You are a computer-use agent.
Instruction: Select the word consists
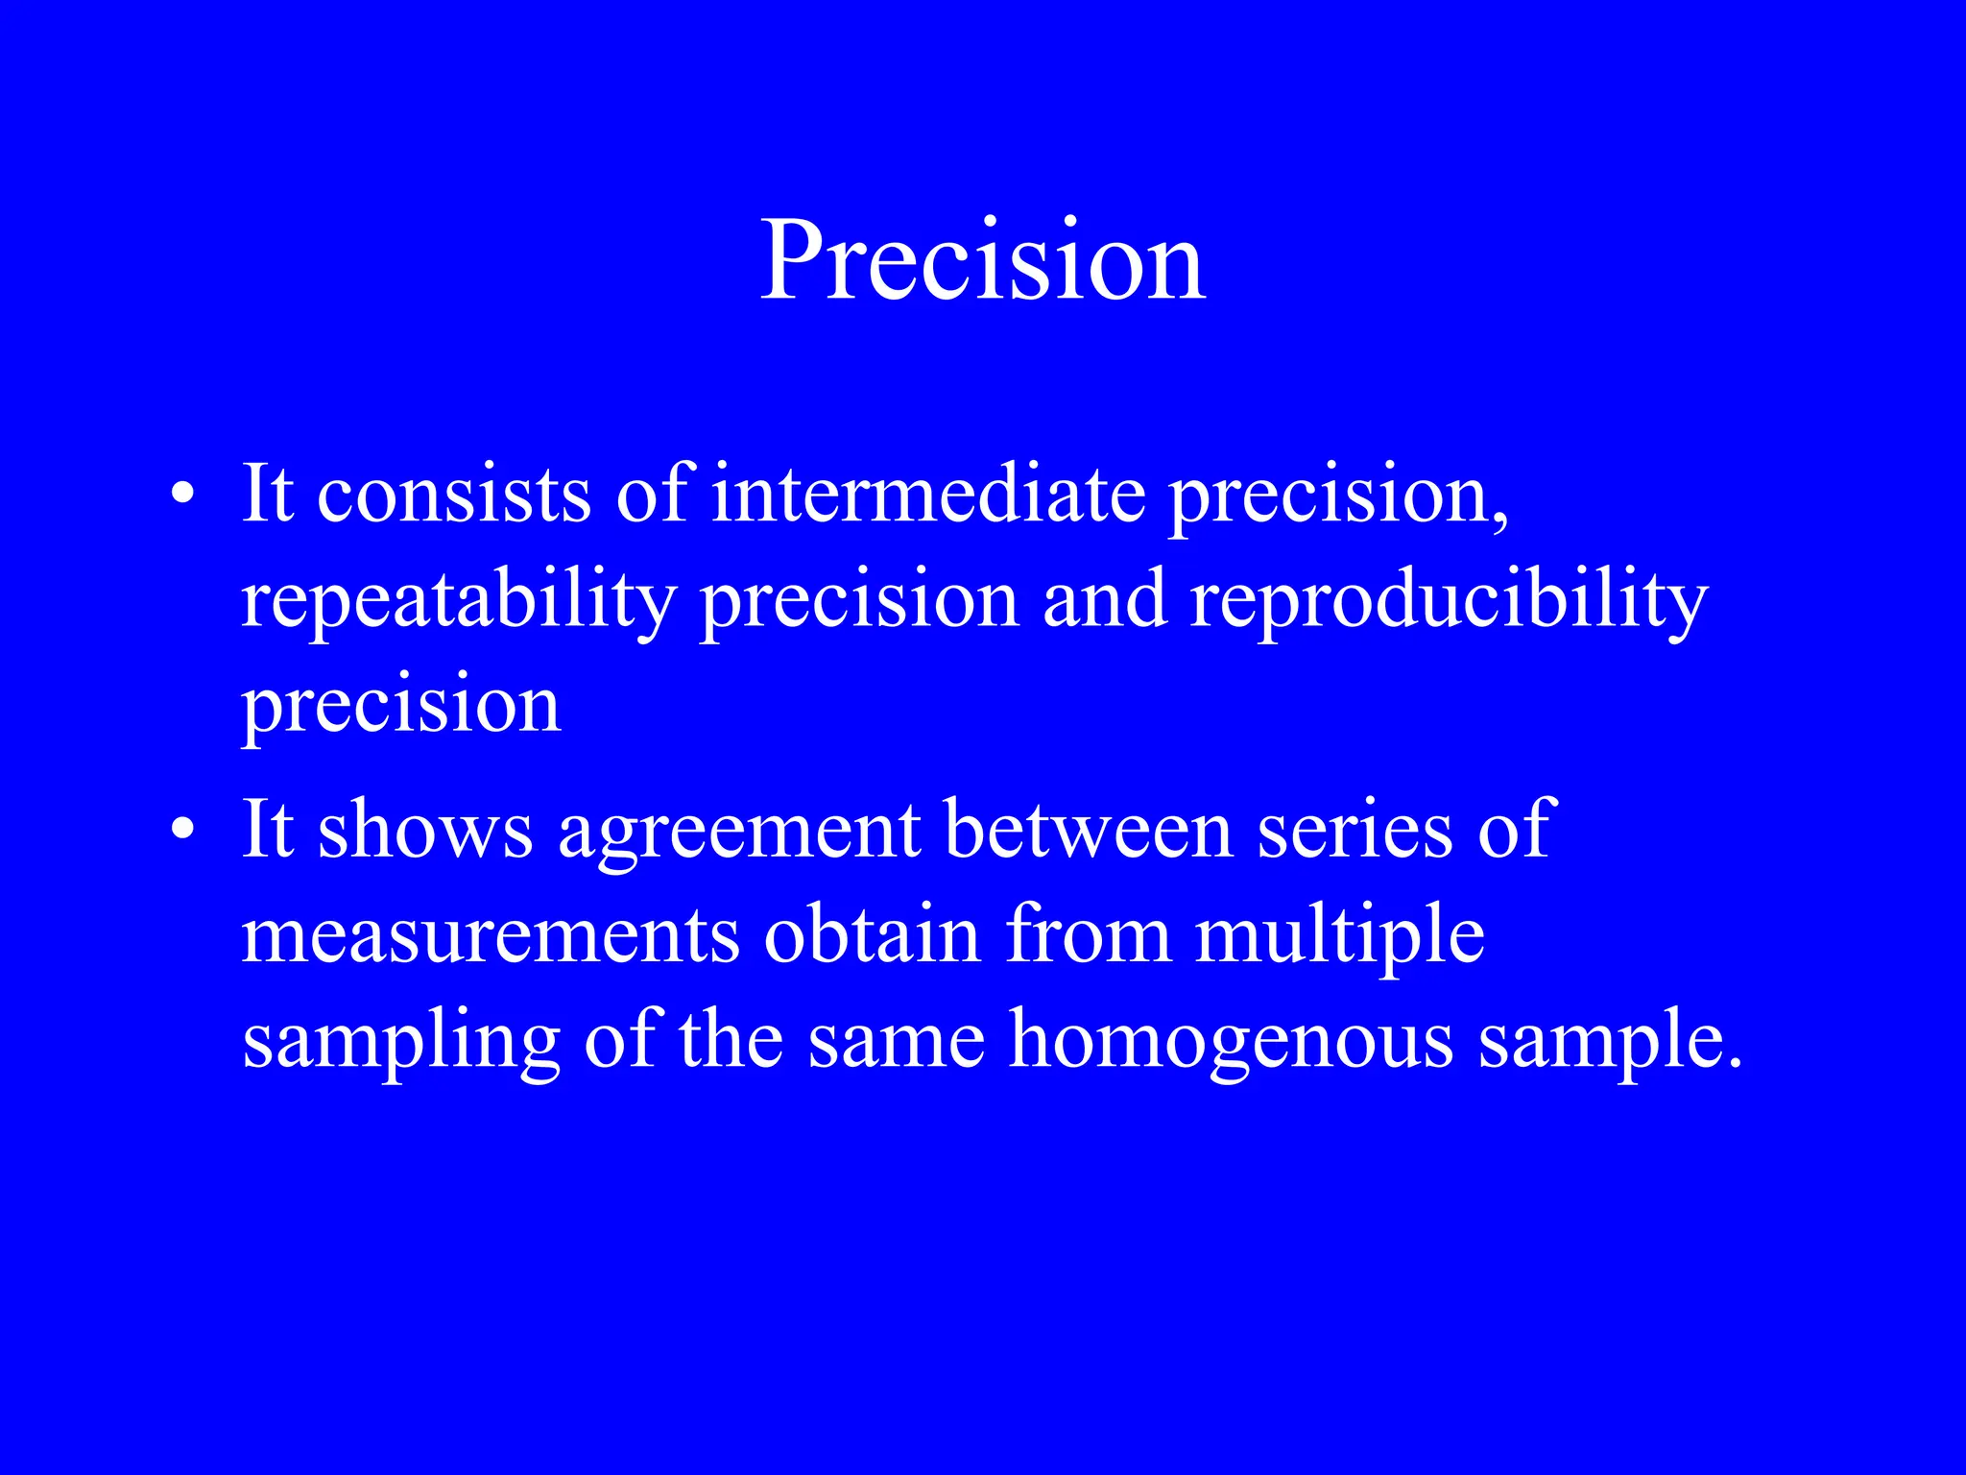tap(453, 495)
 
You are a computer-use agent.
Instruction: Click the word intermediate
tap(927, 495)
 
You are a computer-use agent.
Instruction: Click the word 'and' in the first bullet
tap(1104, 599)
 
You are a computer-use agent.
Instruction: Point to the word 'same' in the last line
tap(896, 1041)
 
